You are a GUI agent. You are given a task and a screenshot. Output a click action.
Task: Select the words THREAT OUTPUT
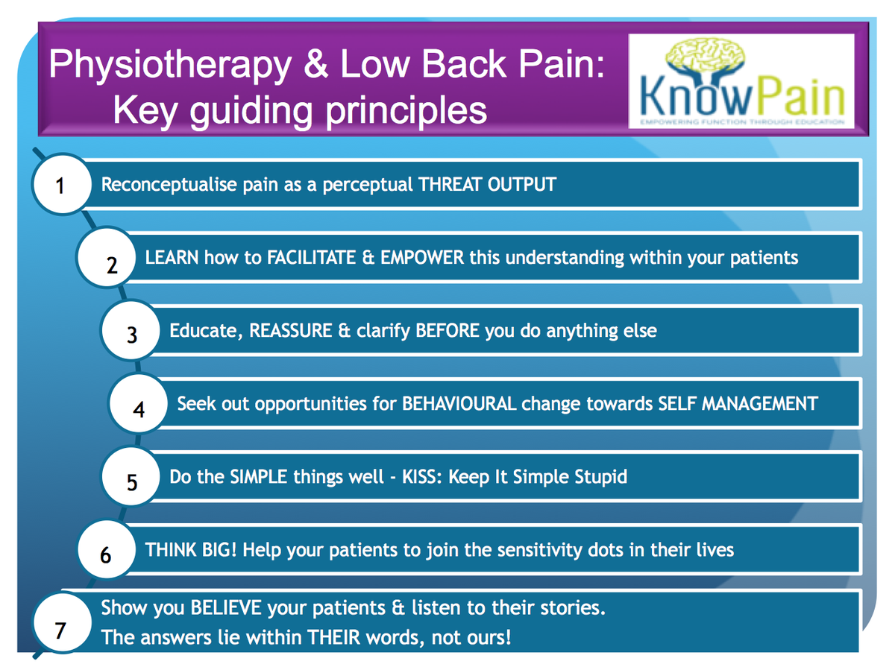point(487,184)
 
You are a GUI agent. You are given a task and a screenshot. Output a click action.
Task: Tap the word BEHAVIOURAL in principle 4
point(459,404)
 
